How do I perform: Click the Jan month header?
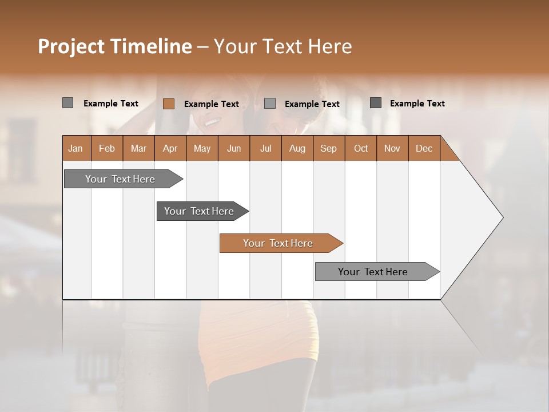(76, 148)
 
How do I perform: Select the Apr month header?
(170, 148)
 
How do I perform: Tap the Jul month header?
(265, 148)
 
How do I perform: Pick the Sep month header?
(329, 148)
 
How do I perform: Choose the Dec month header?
(424, 148)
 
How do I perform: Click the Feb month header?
(107, 148)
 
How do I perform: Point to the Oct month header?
(361, 148)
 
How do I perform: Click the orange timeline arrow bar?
(280, 243)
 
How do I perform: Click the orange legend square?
(168, 104)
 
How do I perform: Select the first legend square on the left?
(67, 103)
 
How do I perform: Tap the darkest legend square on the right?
(375, 103)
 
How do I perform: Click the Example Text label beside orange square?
(212, 104)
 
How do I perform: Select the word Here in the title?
(330, 46)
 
